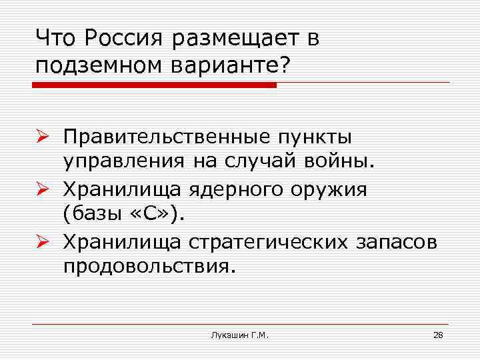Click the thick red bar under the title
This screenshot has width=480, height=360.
pyautogui.click(x=154, y=85)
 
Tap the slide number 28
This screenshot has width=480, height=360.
pyautogui.click(x=438, y=335)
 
